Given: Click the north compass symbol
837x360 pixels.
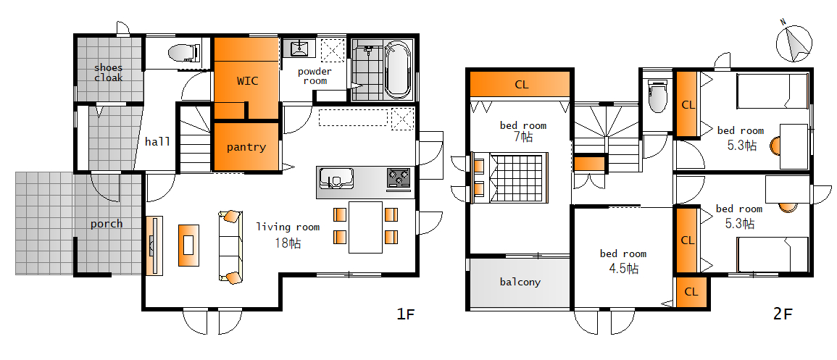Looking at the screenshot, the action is tap(794, 43).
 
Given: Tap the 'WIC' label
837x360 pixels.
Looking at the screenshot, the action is tap(247, 81).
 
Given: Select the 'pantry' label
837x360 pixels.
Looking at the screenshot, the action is tap(246, 147).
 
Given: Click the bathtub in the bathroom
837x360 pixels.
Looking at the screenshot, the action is tap(397, 70).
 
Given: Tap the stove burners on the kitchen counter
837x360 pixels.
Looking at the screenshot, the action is tap(399, 177).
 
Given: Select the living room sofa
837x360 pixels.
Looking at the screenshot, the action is tap(230, 246).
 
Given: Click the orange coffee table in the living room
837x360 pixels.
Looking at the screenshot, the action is tap(189, 246).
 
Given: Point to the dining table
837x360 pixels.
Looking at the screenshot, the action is tap(366, 227).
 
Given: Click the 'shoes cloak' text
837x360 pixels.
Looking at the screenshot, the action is tap(109, 72).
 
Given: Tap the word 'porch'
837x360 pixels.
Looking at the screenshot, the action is tap(107, 224).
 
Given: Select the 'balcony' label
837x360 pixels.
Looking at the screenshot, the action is tap(520, 282).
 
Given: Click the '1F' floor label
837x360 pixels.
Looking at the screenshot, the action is tap(405, 314).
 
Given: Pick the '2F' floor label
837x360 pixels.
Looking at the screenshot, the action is tap(783, 314).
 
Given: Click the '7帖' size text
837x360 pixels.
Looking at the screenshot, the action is tap(523, 137).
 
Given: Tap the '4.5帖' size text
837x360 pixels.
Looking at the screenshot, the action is tap(623, 268).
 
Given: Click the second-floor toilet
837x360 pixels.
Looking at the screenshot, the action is tap(657, 96).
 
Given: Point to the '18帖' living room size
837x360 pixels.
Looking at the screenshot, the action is tap(288, 243).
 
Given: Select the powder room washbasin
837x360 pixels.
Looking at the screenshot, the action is tap(299, 49).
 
